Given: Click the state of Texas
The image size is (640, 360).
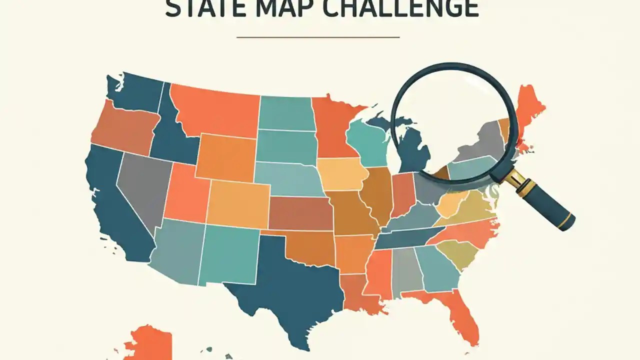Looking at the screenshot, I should (285, 285).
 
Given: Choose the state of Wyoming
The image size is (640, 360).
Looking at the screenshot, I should (225, 157).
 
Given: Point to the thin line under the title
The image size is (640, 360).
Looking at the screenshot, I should (318, 37).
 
